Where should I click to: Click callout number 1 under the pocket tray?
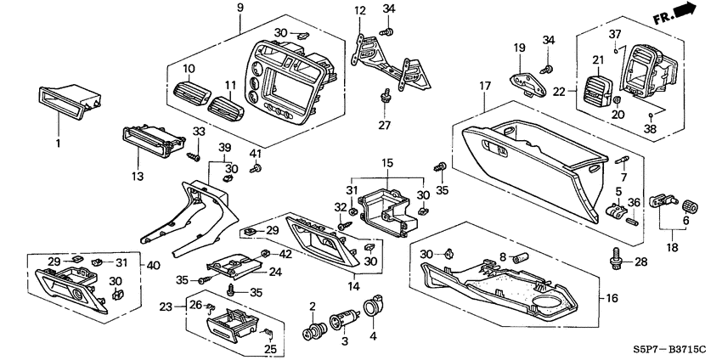tap(59, 143)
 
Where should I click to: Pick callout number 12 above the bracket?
tap(360, 10)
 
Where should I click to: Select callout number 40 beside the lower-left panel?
tap(154, 265)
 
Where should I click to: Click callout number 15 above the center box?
tap(387, 162)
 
